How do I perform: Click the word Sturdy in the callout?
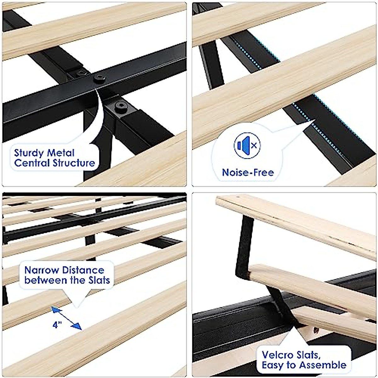(x=29, y=153)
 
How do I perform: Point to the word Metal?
(x=61, y=153)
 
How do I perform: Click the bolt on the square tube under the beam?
(x=121, y=106)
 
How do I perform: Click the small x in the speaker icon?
(x=254, y=146)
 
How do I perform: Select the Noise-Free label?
(x=248, y=172)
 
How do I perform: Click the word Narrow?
(x=42, y=270)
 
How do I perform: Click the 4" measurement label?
(x=57, y=325)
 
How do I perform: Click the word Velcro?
(x=277, y=355)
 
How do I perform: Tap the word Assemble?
(x=323, y=365)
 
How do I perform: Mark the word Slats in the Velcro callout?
(x=307, y=355)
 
